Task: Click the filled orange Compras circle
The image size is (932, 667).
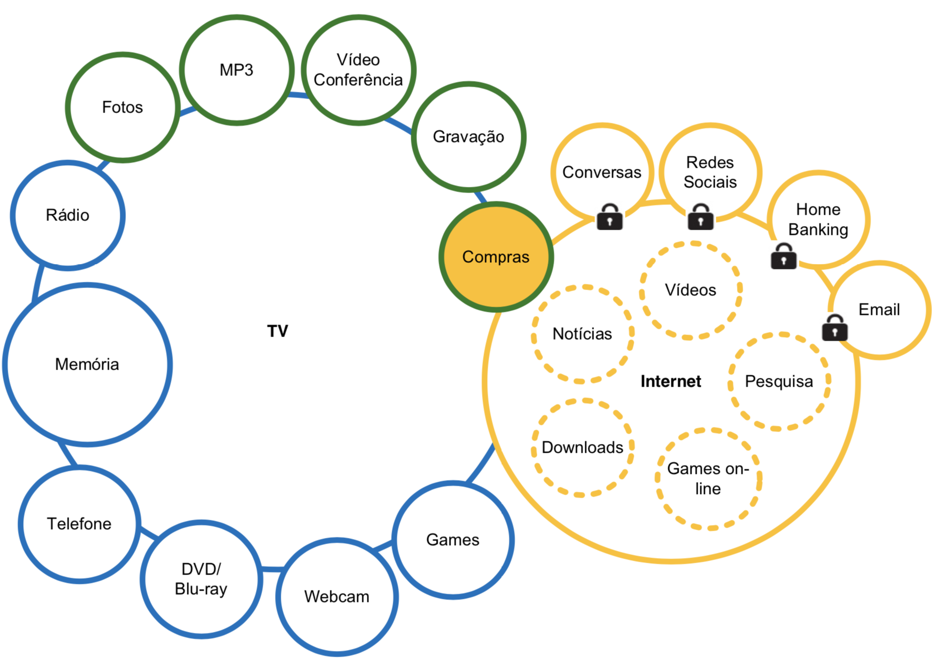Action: (496, 257)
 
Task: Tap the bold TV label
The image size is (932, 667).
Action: (278, 331)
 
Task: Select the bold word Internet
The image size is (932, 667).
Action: (670, 382)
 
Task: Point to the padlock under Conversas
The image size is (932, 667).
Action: (609, 217)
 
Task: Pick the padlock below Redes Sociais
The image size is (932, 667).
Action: (700, 217)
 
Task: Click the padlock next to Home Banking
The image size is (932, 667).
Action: (783, 257)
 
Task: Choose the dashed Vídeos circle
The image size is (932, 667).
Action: (690, 290)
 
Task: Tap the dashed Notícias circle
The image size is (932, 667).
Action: (582, 334)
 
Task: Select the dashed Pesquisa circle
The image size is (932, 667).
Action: (779, 382)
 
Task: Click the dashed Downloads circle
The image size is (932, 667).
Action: (582, 447)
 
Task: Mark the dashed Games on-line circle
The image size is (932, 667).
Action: (708, 479)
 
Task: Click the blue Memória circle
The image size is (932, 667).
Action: (87, 364)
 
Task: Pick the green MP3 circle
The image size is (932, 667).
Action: (236, 70)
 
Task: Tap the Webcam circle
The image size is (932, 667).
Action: (337, 597)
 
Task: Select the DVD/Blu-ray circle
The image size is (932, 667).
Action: (201, 579)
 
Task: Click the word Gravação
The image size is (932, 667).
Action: (468, 137)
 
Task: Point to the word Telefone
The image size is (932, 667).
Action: (79, 524)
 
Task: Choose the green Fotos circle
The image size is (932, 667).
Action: (122, 107)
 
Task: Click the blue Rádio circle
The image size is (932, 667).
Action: (68, 215)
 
